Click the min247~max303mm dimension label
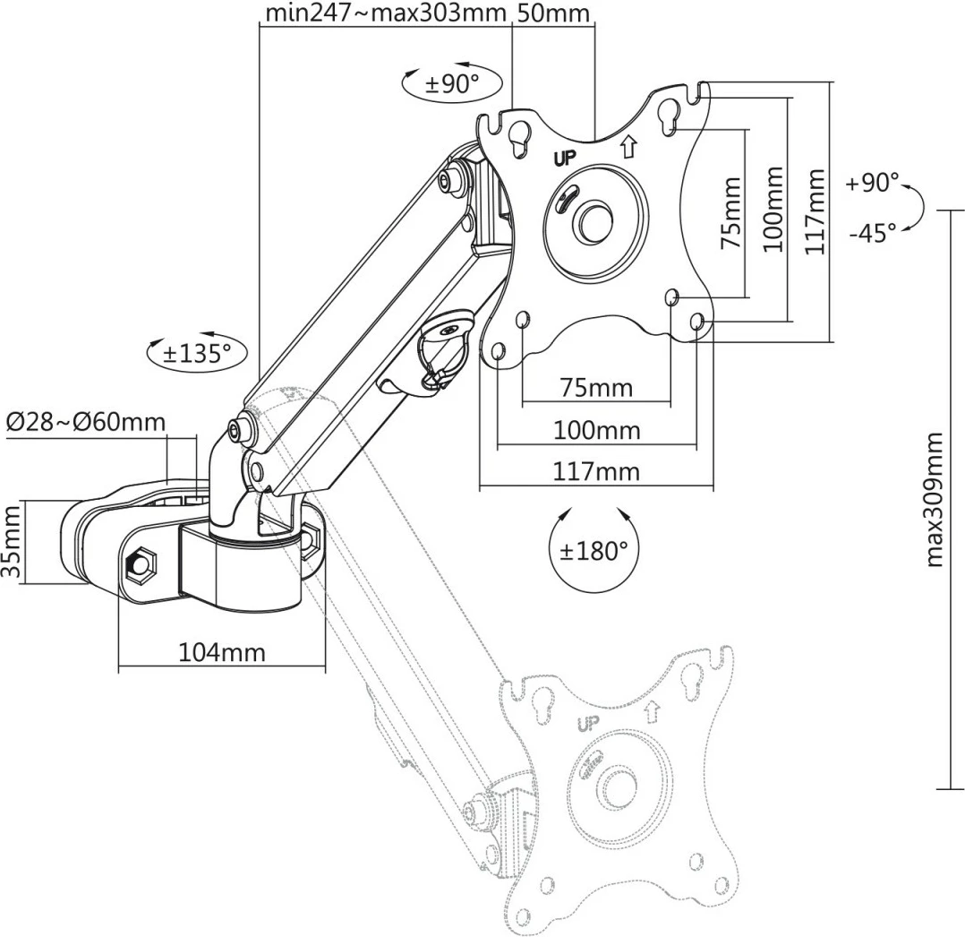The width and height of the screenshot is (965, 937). tap(387, 13)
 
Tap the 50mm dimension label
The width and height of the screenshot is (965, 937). tap(553, 13)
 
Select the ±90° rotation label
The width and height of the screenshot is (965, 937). tap(452, 84)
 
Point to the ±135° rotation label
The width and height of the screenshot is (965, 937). tap(198, 352)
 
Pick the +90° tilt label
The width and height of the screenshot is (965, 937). tap(871, 183)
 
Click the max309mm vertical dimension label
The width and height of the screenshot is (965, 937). tap(935, 499)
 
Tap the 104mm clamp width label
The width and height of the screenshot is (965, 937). tap(222, 651)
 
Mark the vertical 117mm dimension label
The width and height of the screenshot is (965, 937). tap(815, 212)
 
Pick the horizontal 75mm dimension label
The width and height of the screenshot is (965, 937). tap(595, 388)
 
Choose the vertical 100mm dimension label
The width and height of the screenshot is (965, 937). tap(774, 208)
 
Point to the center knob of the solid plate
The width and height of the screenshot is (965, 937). tap(592, 219)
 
